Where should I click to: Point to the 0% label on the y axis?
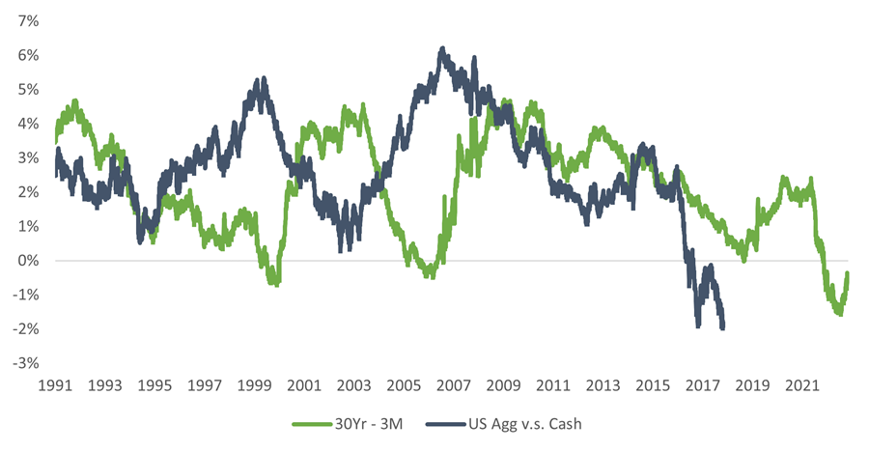pyautogui.click(x=26, y=261)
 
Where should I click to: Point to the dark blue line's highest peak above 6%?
pyautogui.click(x=441, y=48)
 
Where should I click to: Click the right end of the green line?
pyautogui.click(x=848, y=274)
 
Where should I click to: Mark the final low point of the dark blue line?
pyautogui.click(x=723, y=328)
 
